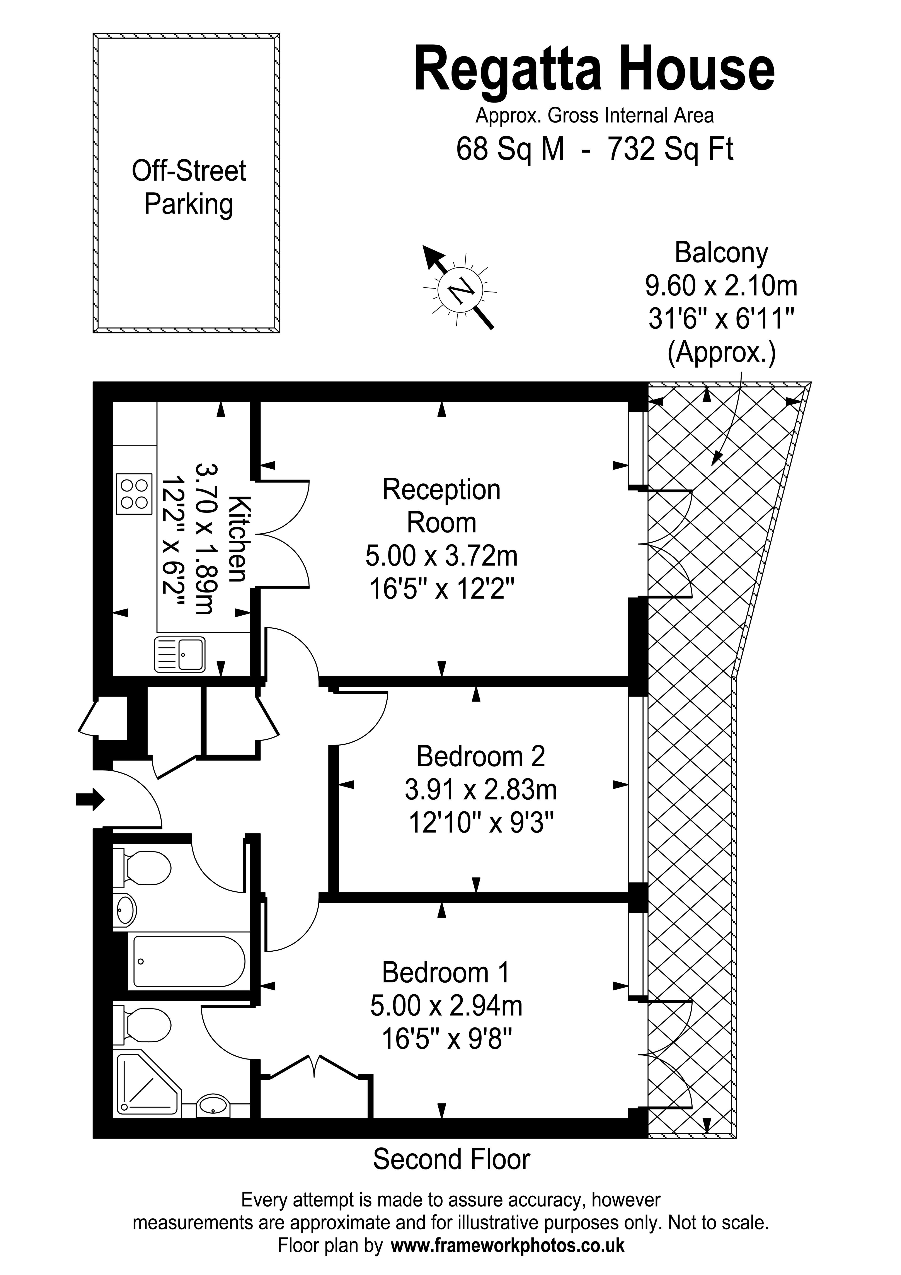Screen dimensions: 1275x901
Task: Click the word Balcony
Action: point(721,253)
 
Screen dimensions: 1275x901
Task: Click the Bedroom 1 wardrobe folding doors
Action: point(317,1069)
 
